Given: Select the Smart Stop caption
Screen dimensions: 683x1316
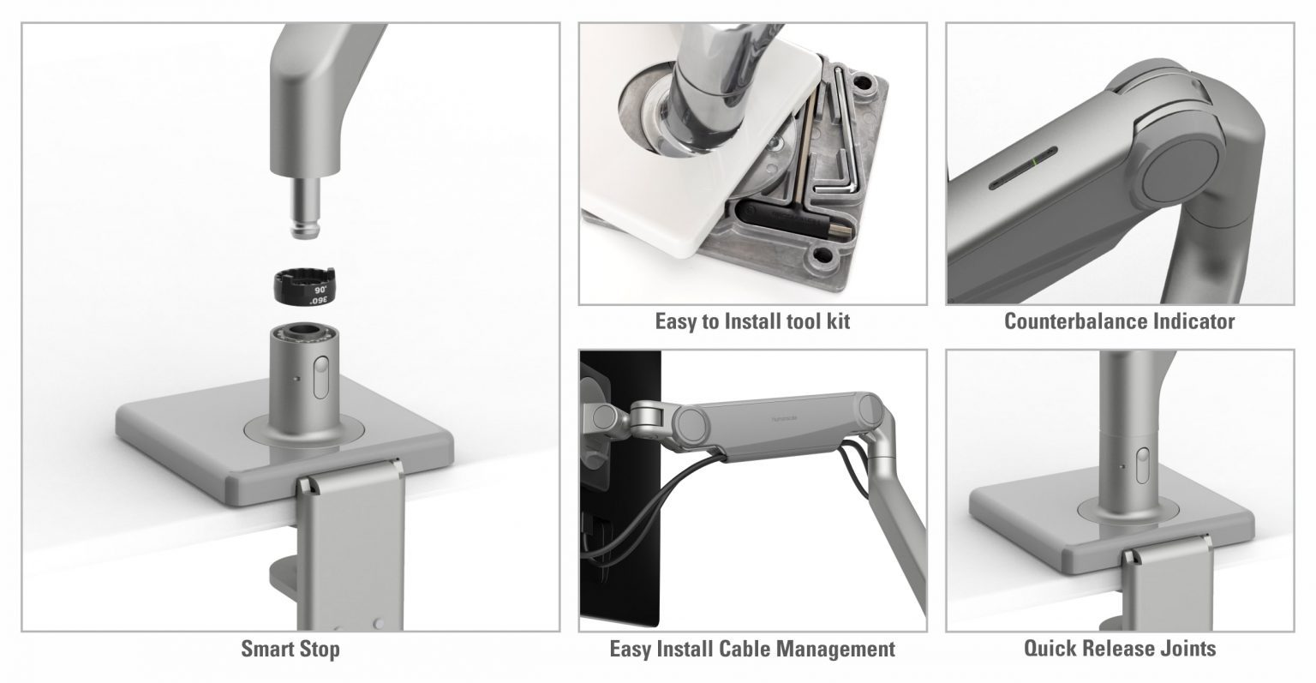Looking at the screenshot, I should tap(290, 649).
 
